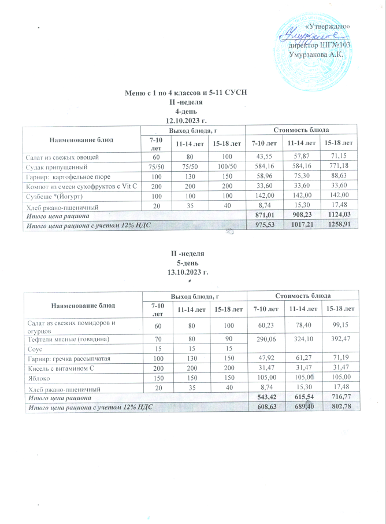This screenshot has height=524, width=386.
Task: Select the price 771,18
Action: pyautogui.click(x=344, y=166)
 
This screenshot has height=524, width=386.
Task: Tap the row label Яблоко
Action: pyautogui.click(x=36, y=378)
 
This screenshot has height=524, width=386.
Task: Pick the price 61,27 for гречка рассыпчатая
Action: pyautogui.click(x=303, y=359)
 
